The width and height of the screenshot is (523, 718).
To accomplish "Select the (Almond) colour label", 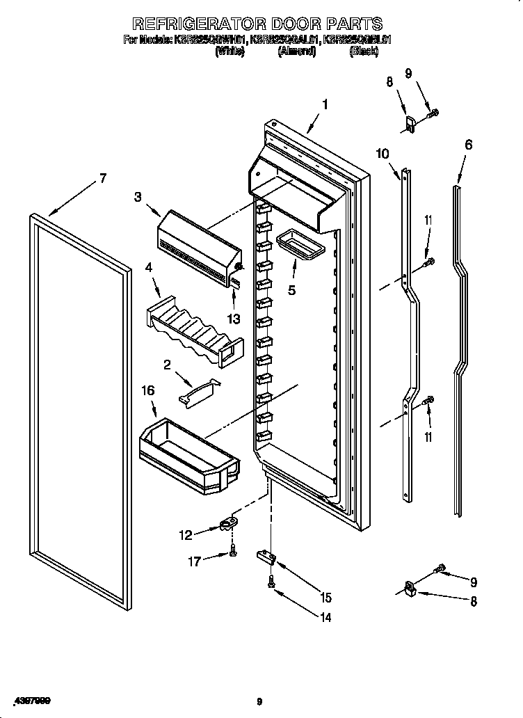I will (297, 51).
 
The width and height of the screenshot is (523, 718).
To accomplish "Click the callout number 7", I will (103, 178).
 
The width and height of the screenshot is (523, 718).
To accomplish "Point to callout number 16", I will (148, 391).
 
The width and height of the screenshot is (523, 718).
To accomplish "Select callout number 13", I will (234, 319).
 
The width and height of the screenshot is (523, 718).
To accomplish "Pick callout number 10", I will (383, 154).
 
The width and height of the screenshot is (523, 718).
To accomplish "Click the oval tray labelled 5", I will (296, 245).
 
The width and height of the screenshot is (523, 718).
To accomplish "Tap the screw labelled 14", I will (271, 585).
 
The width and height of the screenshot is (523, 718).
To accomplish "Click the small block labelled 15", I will (266, 555).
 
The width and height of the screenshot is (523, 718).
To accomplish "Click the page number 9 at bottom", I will (259, 701).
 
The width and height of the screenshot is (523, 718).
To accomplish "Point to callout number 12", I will (185, 535).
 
